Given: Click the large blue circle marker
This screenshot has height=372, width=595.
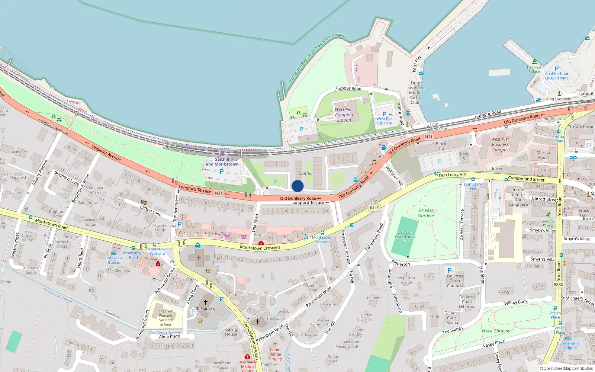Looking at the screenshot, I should [297, 186].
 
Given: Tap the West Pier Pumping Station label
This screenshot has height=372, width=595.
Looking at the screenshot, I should [344, 115].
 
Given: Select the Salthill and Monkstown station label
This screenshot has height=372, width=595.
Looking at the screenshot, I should [222, 162].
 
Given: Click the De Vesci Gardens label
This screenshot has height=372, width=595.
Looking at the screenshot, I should [426, 213].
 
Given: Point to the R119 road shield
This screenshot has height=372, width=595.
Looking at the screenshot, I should [374, 208].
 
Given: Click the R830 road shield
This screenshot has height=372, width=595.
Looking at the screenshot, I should [558, 285].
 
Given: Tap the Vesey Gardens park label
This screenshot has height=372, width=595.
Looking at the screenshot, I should [496, 331].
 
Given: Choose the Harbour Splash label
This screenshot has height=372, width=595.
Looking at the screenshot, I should [534, 70].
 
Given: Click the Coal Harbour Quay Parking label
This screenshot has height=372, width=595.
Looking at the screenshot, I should [557, 76].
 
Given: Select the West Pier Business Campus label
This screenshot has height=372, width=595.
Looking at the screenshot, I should [500, 144].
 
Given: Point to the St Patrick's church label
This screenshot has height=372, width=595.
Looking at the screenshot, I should [205, 308].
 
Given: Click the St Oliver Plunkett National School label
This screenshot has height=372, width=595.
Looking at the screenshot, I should [165, 318].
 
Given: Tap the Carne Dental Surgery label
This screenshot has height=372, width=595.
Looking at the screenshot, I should [275, 354].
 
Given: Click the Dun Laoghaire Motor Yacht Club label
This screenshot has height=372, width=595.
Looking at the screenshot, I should [415, 93].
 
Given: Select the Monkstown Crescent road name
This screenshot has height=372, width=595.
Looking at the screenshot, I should [260, 247].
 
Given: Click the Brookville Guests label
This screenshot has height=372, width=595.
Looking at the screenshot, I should [114, 260].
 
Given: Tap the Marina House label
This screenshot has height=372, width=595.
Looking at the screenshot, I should [543, 155].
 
